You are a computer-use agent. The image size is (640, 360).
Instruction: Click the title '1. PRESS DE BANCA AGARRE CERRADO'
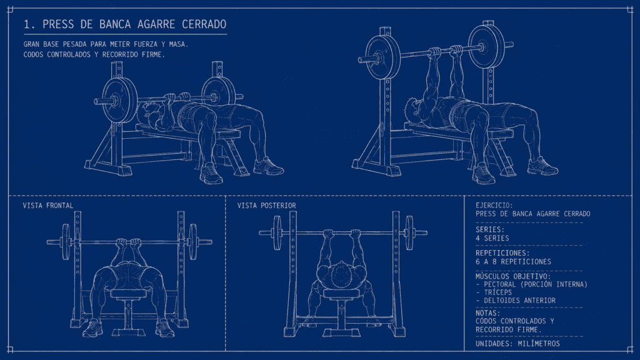(125, 24)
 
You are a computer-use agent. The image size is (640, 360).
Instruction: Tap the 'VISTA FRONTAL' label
(48, 206)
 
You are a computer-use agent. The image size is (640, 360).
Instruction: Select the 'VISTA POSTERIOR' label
(266, 206)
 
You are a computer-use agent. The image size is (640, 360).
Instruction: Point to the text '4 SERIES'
(492, 238)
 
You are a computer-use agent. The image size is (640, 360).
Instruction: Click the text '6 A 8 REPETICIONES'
(514, 262)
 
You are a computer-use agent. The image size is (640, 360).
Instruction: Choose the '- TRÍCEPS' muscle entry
(494, 292)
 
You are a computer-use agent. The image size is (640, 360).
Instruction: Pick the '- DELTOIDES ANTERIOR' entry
(516, 301)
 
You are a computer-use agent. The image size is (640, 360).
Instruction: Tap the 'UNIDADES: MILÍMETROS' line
(517, 344)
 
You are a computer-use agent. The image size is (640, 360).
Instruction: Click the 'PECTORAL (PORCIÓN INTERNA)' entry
(536, 284)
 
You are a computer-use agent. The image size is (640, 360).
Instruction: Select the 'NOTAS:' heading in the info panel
(487, 313)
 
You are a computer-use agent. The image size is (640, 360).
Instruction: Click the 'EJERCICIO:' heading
(494, 205)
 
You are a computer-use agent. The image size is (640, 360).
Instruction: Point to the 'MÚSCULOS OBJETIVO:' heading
(513, 276)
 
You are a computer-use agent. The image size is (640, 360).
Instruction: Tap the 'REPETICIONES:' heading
(502, 253)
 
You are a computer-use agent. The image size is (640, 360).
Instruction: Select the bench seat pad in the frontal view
(128, 294)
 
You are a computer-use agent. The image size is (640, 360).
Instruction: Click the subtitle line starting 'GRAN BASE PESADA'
(106, 44)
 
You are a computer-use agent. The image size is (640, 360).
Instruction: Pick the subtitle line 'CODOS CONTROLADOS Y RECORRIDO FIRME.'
(94, 55)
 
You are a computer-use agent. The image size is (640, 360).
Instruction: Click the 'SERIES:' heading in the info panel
(490, 230)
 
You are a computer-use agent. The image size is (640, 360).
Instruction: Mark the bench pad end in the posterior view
(342, 293)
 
